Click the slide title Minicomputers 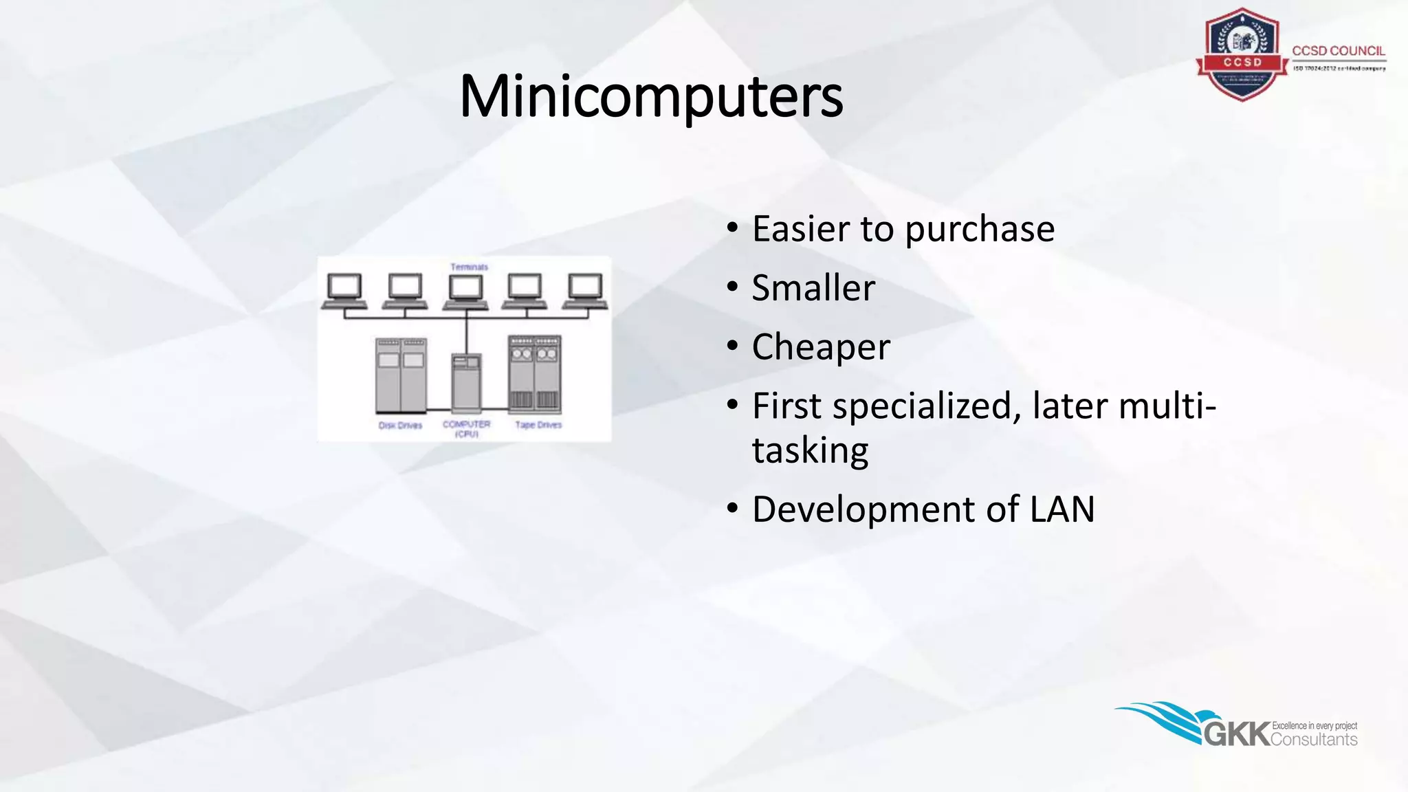point(650,96)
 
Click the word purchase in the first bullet point(979,229)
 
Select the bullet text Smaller point(813,288)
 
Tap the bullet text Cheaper point(821,347)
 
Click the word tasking point(810,451)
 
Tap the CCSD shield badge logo point(1242,55)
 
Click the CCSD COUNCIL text point(1338,51)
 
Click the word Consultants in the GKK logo point(1314,740)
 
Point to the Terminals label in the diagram point(469,267)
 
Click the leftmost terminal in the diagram point(344,291)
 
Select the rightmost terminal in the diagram point(585,291)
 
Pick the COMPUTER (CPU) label point(466,429)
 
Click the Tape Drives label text point(538,425)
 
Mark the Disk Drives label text point(400,426)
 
